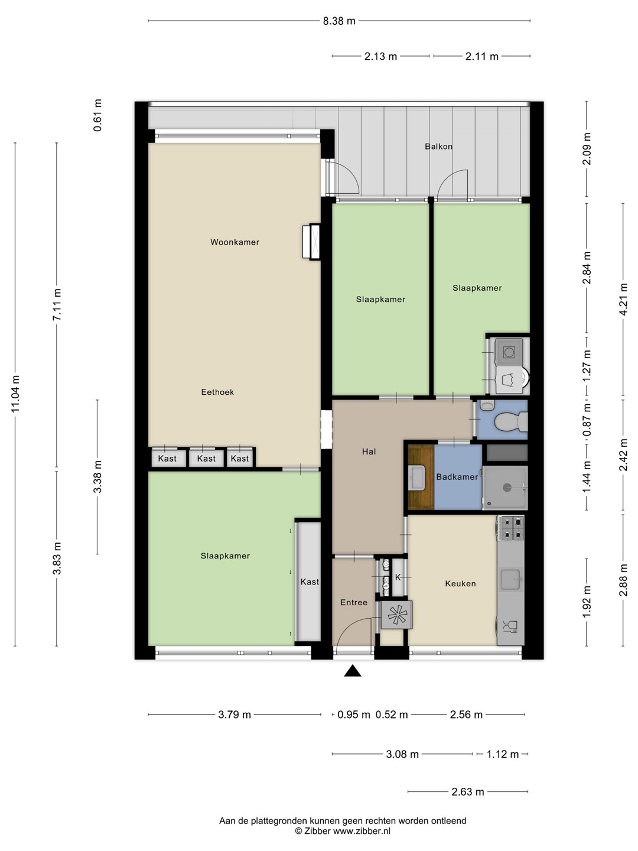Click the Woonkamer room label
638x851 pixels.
point(235,242)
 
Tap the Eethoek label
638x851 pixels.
point(217,392)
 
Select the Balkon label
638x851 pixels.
point(438,147)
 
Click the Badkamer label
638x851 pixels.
point(457,476)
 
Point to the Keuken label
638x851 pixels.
point(460,583)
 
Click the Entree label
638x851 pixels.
point(354,602)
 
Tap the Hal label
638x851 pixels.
point(369,452)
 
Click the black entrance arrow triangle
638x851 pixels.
point(353,671)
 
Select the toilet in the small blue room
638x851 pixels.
point(512,421)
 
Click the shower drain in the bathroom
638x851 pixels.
point(506,488)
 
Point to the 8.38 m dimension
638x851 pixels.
point(339,21)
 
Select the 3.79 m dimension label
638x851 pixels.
point(235,714)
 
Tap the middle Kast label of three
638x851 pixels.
point(206,459)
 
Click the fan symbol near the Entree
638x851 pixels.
point(396,615)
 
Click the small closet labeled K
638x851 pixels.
point(398,577)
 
